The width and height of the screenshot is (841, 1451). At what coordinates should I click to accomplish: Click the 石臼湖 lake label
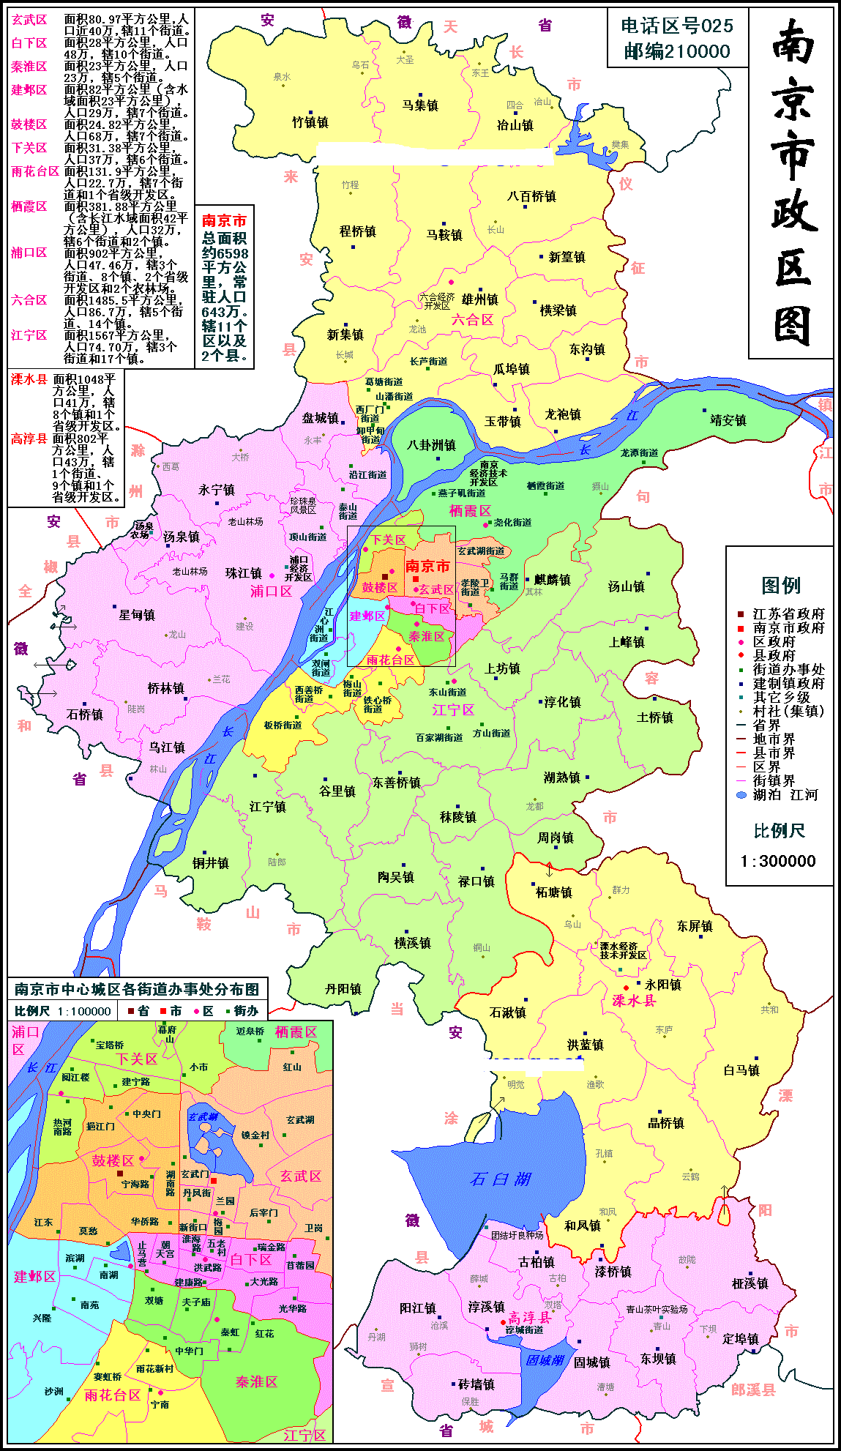501,1179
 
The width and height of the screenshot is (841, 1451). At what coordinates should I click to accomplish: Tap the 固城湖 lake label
545,1360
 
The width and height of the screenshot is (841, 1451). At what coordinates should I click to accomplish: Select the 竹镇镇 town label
310,122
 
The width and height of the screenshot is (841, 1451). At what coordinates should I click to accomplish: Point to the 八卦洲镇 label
432,445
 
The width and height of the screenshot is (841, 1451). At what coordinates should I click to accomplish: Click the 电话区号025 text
677,26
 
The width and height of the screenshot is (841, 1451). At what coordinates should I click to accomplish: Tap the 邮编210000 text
677,51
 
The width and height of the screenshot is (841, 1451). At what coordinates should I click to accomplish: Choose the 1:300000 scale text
778,862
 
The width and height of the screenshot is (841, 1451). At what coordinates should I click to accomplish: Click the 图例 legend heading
780,586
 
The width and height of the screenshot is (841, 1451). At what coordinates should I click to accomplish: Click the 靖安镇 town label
728,420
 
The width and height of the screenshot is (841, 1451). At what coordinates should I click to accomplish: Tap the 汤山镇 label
626,586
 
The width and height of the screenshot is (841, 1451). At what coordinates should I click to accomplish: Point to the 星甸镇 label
137,615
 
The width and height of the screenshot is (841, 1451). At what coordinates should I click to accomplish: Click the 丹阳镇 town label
343,989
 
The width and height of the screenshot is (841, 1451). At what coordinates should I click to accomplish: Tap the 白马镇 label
741,1070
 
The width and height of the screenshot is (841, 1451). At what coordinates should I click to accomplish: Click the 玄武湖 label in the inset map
203,1117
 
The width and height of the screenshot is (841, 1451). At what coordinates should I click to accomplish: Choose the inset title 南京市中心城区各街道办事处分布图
137,990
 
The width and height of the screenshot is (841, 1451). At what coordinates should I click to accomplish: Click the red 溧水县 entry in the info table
29,380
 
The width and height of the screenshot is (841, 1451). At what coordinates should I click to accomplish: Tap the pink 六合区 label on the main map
472,320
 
